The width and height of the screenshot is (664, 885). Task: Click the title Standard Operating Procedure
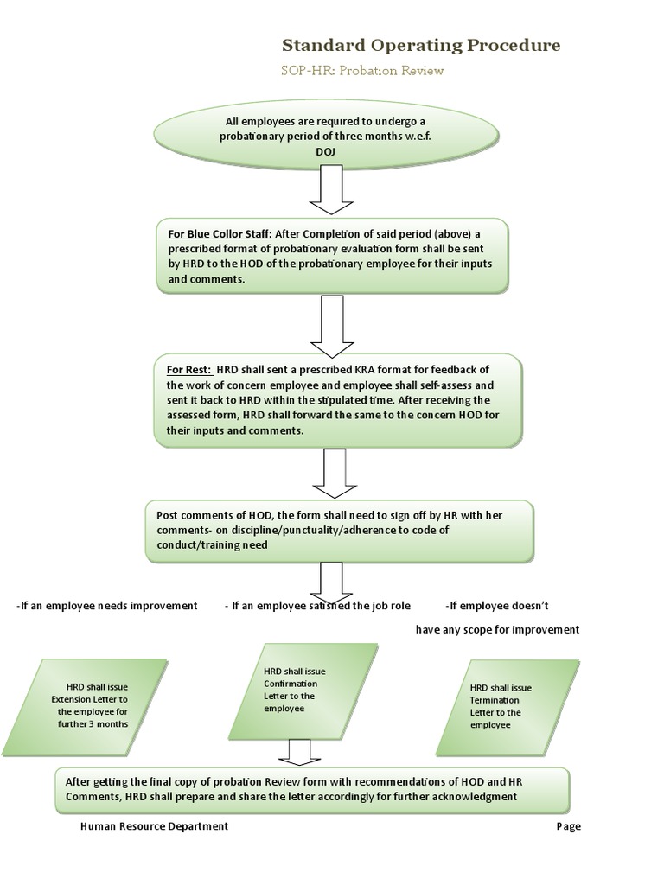pos(421,45)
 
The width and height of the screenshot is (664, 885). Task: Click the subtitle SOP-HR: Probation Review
pos(363,71)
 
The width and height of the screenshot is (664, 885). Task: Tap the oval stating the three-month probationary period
pos(327,135)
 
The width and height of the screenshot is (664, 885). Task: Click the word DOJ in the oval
pos(326,151)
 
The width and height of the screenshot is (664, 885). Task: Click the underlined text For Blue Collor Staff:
pos(220,233)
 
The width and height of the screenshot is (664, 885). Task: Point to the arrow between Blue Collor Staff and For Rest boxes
pos(332,323)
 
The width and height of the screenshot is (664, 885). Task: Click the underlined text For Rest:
pos(188,369)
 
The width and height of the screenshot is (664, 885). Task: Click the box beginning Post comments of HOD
pos(339,530)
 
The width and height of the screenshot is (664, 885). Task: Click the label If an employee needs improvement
pos(107,606)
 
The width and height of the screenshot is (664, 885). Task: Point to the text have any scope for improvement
pos(497,629)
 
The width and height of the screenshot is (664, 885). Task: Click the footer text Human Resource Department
pos(154,826)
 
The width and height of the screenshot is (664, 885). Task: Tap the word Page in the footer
pos(568,826)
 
